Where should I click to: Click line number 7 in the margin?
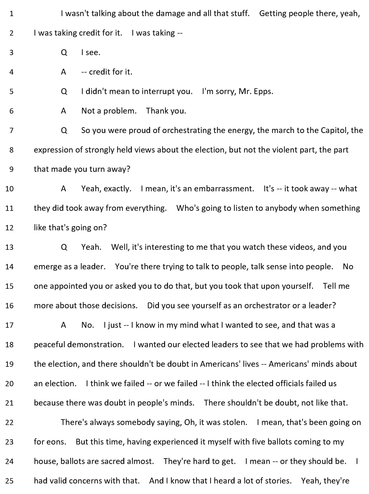pyautogui.click(x=11, y=131)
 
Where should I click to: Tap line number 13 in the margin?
pyautogui.click(x=9, y=247)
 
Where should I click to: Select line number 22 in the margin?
pyautogui.click(x=9, y=422)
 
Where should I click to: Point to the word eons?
pyautogui.click(x=57, y=442)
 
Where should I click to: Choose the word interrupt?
pyautogui.click(x=158, y=92)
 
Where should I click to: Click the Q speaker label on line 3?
pyautogui.click(x=64, y=53)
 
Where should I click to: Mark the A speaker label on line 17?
pyautogui.click(x=63, y=325)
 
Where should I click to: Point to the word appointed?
pyautogui.click(x=66, y=286)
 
